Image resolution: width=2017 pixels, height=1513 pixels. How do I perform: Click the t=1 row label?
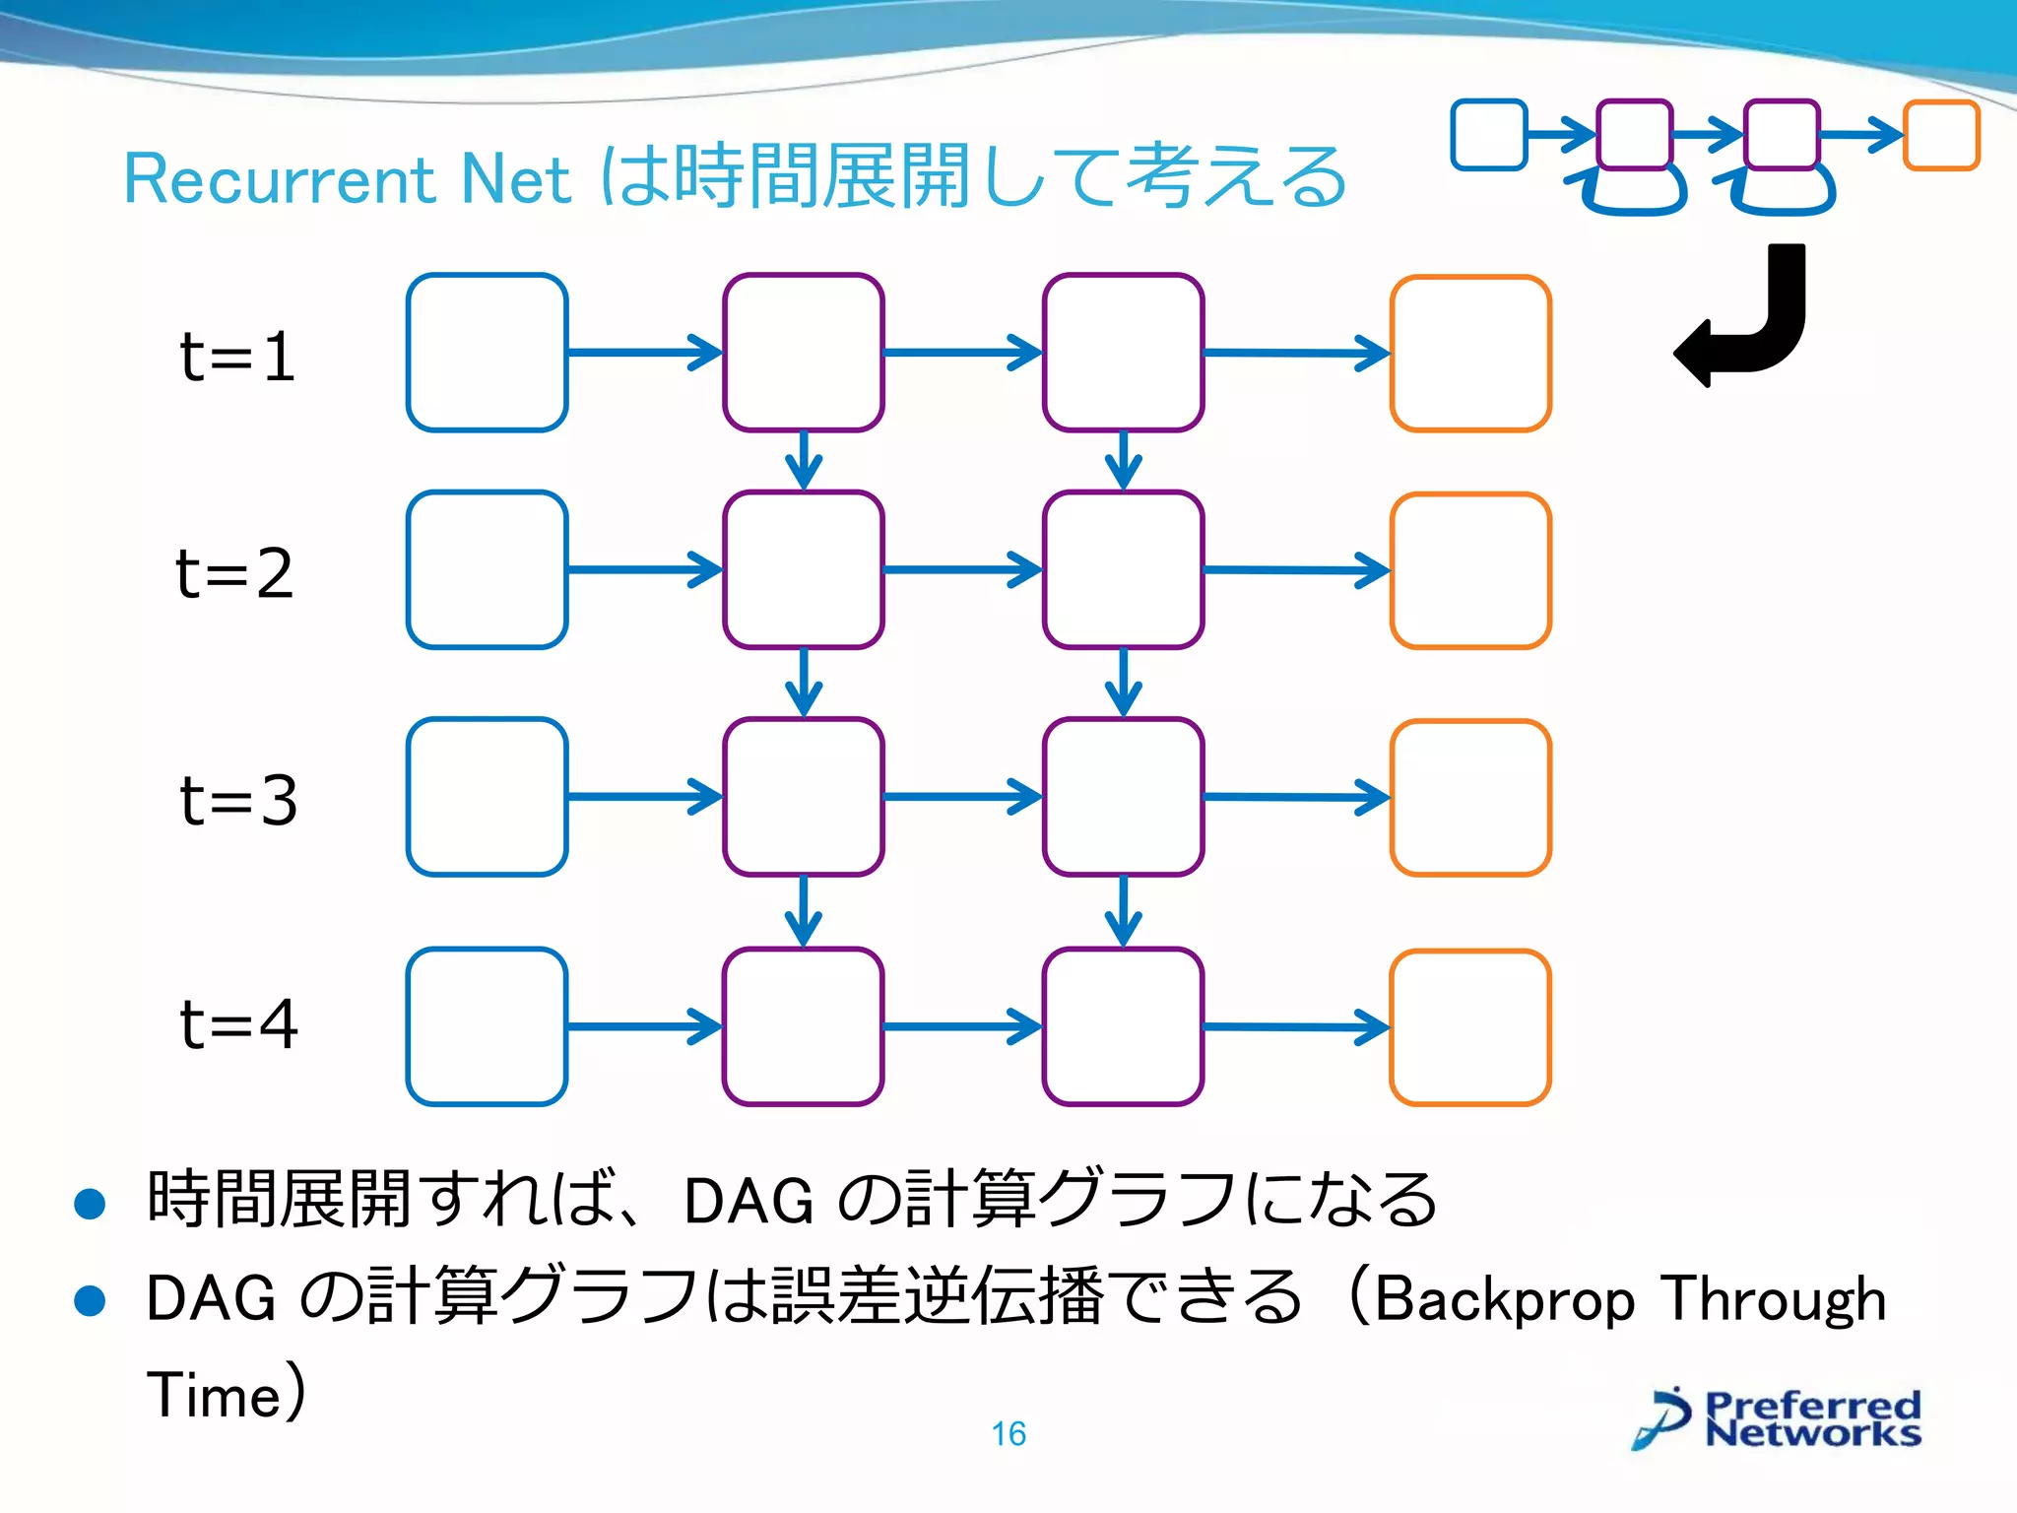coord(237,357)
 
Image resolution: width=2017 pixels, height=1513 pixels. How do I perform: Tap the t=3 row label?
coord(238,800)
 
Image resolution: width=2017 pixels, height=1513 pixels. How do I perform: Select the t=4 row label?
coord(238,1024)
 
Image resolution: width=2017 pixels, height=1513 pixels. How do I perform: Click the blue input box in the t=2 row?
coord(487,570)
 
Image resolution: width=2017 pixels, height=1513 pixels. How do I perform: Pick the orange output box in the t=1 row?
coord(1470,354)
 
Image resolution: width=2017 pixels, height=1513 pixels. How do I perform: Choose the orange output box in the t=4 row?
coord(1470,1027)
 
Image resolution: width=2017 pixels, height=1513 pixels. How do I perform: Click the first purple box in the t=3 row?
coord(804,797)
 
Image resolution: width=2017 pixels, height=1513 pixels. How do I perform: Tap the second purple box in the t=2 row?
coord(1123,570)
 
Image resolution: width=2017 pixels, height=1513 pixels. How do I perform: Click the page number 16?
coord(1008,1434)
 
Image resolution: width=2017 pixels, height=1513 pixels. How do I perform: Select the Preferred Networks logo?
coord(1778,1419)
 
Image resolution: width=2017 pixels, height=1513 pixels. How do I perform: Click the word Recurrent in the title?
coord(279,180)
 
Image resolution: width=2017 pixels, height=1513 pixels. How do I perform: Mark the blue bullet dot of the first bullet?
coord(90,1204)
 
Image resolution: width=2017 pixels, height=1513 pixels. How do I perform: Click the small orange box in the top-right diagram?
coord(1941,135)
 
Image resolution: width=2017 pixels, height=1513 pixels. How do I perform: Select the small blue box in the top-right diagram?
coord(1488,135)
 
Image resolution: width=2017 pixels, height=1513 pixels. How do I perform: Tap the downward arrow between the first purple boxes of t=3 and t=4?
coord(804,911)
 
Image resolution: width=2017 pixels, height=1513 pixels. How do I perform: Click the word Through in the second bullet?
coord(1773,1299)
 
